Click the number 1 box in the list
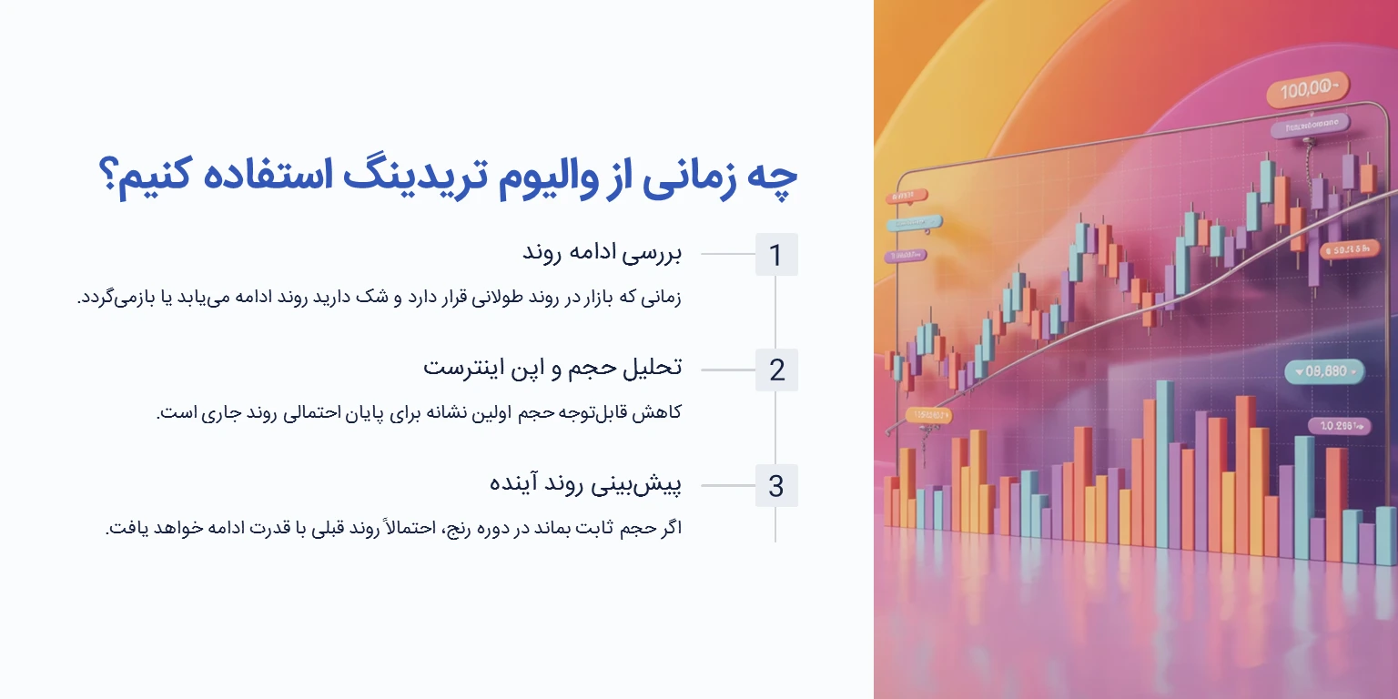pos(775,255)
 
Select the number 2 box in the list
pos(775,370)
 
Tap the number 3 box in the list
pos(775,486)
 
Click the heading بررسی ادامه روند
pos(603,253)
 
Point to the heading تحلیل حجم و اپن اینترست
pos(552,369)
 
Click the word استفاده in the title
pos(299,175)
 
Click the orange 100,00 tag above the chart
pos(1306,91)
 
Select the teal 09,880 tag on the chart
pos(1324,371)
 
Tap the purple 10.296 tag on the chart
pos(1338,425)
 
